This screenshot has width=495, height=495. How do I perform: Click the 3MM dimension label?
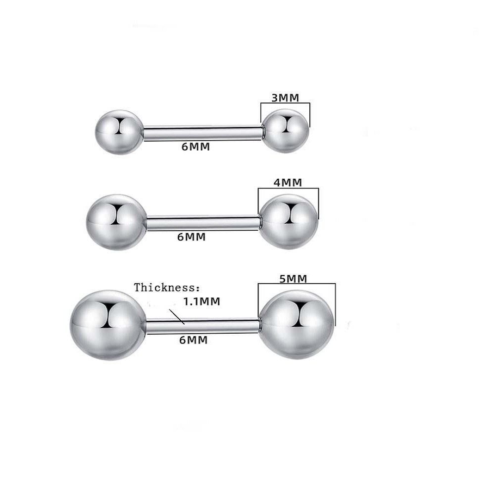285,98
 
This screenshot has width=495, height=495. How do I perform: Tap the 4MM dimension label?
288,182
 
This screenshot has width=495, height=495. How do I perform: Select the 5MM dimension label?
293,278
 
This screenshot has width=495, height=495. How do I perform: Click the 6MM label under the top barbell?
196,147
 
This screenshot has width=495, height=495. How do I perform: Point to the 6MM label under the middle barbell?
191,237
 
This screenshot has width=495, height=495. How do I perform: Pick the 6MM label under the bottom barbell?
193,340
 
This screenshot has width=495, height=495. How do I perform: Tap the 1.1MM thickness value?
201,301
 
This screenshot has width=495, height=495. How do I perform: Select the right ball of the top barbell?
286,132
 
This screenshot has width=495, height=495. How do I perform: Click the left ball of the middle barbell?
116,221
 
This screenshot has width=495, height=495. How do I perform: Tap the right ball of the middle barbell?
289,221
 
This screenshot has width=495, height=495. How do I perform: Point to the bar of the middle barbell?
203,222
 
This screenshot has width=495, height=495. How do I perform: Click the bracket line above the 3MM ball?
285,103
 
